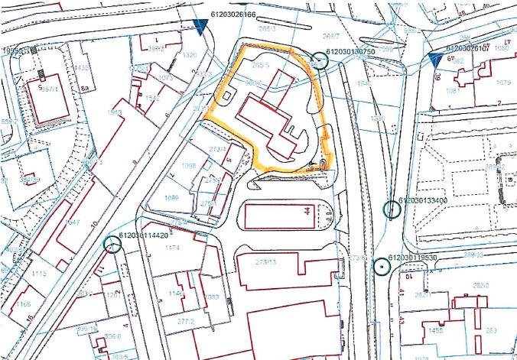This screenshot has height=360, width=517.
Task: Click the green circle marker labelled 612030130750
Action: [x=319, y=61]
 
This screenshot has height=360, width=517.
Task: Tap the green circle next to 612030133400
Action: [x=392, y=209]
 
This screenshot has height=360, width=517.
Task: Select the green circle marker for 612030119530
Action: [x=380, y=266]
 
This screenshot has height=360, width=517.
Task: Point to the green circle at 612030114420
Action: [x=112, y=245]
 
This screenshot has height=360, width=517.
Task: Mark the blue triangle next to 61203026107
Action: [x=437, y=59]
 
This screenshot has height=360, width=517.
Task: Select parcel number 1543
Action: [x=115, y=113]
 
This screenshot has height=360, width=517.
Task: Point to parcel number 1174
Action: [x=172, y=248]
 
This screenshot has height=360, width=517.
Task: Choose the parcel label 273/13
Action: [x=265, y=262]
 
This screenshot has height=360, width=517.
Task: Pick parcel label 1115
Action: [x=41, y=273]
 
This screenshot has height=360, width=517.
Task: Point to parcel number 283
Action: [x=491, y=330]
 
